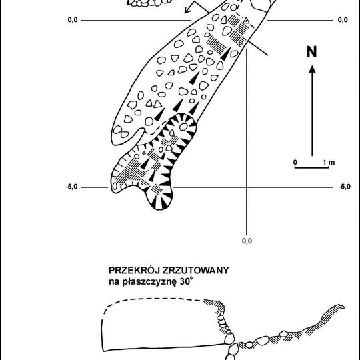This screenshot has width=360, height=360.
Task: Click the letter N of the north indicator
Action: (312, 51)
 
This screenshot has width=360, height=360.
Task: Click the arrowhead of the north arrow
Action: (312, 69)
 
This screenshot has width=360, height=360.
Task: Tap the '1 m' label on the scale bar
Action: (329, 162)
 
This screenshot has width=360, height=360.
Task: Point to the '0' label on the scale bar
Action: (295, 162)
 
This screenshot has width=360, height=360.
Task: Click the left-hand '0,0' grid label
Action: (73, 20)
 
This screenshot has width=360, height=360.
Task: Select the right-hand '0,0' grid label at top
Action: (343, 20)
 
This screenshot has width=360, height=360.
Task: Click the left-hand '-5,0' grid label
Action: (71, 187)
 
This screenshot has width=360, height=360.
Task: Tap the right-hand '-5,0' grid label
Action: (345, 187)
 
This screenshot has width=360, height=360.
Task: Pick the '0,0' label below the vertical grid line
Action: (247, 241)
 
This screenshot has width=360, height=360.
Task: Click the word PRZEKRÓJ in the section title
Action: (134, 270)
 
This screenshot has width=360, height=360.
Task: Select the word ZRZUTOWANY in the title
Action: (195, 271)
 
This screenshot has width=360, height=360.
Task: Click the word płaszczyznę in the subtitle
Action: (150, 282)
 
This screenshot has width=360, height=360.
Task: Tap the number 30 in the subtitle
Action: (184, 282)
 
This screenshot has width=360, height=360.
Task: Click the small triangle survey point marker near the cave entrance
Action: (247, 21)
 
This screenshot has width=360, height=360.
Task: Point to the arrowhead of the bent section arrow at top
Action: (187, 10)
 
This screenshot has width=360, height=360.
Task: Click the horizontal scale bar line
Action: (312, 167)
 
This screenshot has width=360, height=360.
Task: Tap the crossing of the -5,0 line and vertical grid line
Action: (247, 187)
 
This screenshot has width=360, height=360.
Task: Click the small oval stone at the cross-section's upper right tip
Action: (341, 307)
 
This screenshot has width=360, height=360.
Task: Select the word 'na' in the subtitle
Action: (114, 282)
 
